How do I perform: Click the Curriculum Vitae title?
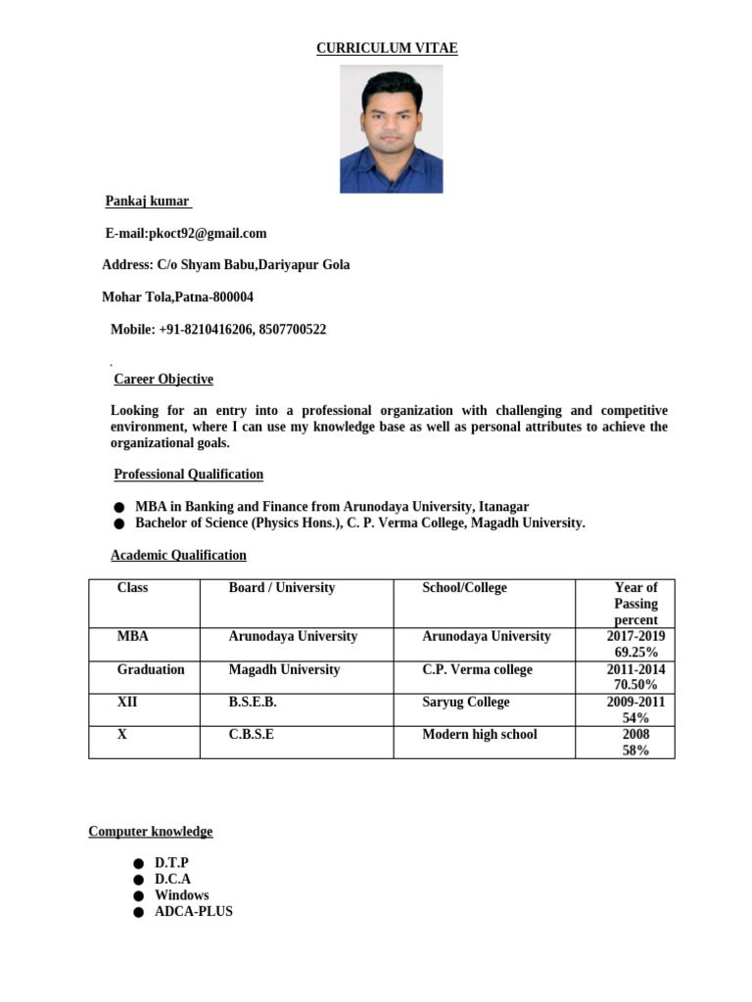tap(387, 48)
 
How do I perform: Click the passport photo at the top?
tap(391, 129)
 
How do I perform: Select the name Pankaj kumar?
tap(148, 202)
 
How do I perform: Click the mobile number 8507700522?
tap(292, 330)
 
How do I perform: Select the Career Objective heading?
tap(164, 380)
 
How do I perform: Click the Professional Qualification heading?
tap(188, 475)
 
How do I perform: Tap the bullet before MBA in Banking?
tap(118, 508)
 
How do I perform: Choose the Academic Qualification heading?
tap(178, 556)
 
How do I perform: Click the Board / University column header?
tap(282, 588)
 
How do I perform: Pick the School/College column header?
tap(464, 588)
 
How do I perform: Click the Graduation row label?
tap(151, 669)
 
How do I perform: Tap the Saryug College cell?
tap(466, 703)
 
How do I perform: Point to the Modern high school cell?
tap(480, 735)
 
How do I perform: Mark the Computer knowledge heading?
tap(151, 832)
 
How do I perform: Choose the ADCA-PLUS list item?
tap(194, 911)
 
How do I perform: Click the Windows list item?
tap(182, 895)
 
